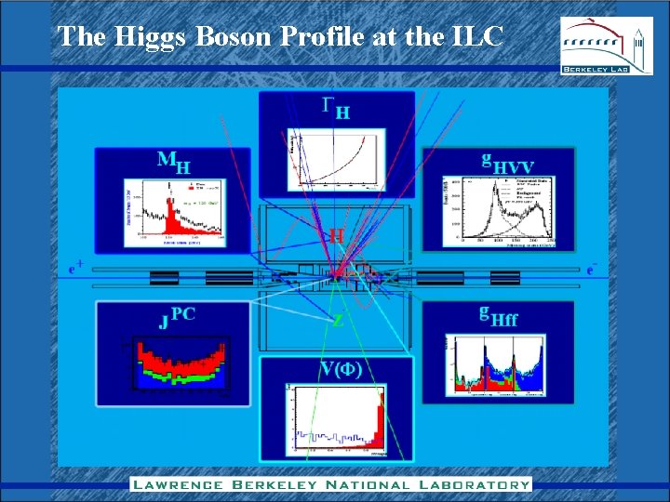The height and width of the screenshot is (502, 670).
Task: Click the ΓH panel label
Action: (x=336, y=109)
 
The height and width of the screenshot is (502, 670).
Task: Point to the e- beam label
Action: (x=591, y=270)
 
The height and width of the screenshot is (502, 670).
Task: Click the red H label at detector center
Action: (x=336, y=236)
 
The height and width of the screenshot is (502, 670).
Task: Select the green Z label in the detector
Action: (x=338, y=321)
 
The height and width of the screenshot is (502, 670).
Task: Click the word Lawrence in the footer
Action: (x=176, y=484)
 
